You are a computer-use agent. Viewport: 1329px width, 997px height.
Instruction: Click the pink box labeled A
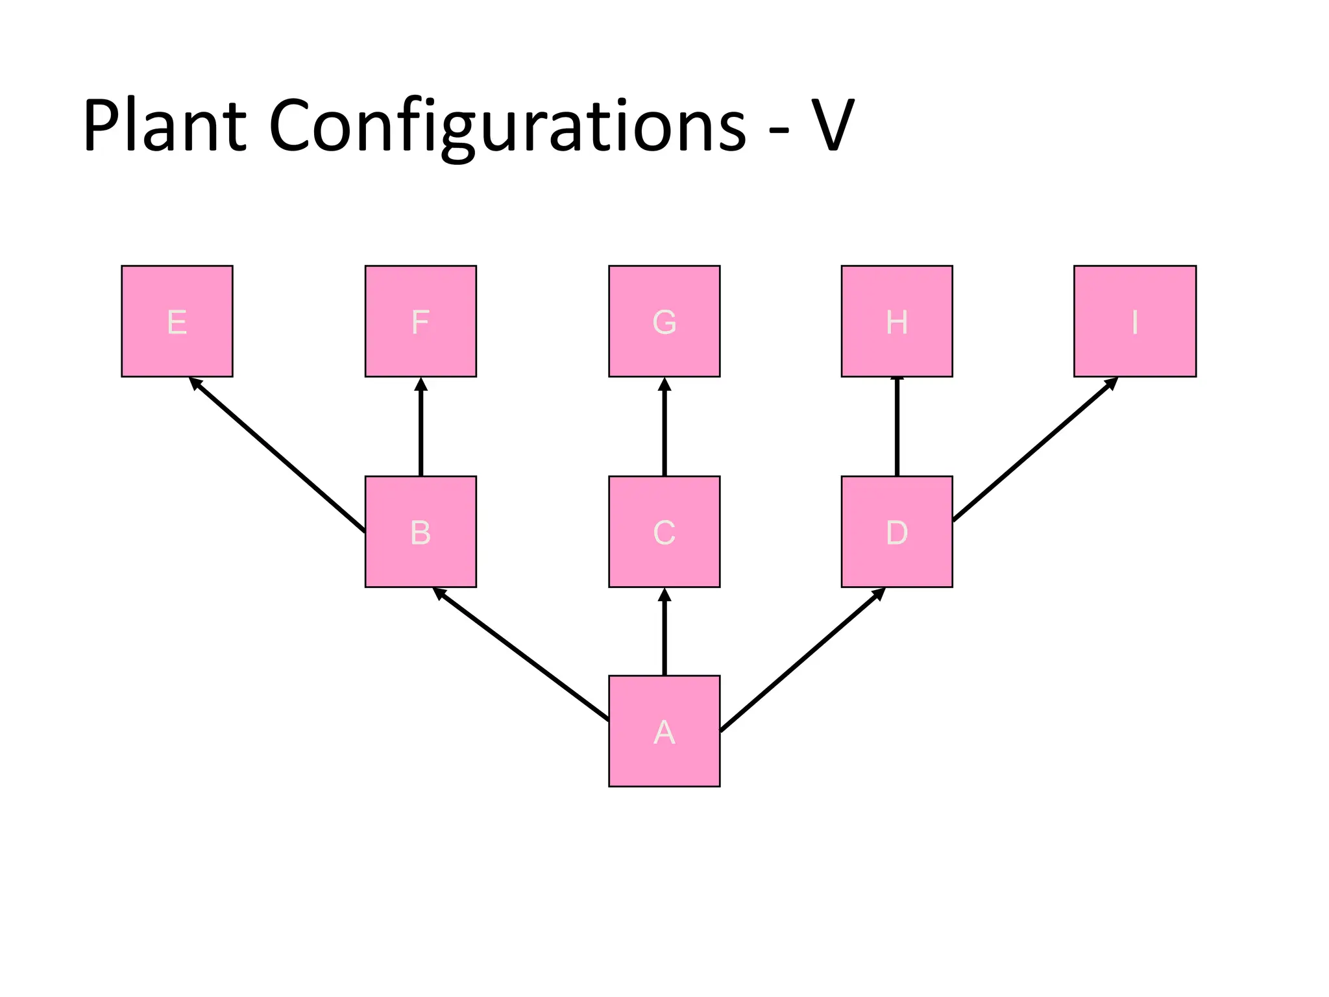664,731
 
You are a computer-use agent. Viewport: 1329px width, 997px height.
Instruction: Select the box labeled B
421,532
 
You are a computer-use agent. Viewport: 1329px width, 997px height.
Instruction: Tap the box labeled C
664,532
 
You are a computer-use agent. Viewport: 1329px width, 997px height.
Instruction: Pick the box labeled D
897,532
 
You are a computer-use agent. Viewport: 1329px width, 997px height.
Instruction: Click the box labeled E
177,321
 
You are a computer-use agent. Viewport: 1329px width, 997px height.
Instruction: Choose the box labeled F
421,321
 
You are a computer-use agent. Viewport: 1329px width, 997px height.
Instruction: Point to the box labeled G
664,321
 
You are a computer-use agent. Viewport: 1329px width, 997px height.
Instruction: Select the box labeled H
897,321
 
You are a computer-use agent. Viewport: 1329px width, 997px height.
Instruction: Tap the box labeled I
1135,321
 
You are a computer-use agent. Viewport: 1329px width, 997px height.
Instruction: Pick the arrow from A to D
803,659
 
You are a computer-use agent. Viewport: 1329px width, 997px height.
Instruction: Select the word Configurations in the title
507,127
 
